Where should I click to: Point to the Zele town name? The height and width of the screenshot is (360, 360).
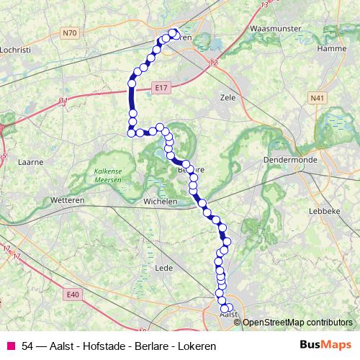click(x=228, y=96)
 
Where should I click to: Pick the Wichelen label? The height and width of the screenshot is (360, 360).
click(x=160, y=202)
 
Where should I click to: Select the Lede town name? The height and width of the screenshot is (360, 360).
click(x=162, y=268)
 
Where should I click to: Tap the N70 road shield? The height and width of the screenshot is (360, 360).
click(x=70, y=32)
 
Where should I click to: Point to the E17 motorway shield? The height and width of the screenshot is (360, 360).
click(x=161, y=88)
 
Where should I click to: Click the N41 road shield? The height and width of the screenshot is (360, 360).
click(x=317, y=97)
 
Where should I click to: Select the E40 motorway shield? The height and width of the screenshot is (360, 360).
click(x=71, y=294)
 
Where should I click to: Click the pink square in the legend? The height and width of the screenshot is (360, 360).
click(x=10, y=346)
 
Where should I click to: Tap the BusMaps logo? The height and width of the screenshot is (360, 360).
click(x=324, y=346)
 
